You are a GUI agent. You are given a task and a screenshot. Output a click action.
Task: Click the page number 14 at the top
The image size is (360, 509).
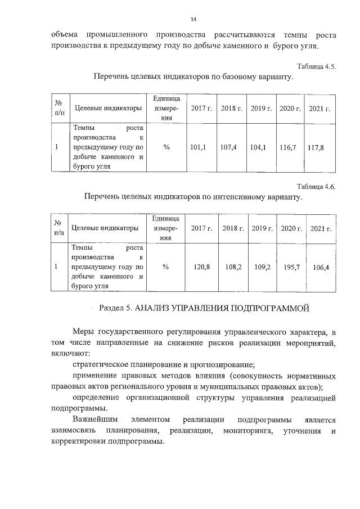coord(193,19)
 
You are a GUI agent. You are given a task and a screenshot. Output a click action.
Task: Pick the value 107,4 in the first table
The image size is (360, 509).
coord(229,147)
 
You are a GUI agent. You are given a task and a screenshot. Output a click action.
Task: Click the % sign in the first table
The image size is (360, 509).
coord(166,147)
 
